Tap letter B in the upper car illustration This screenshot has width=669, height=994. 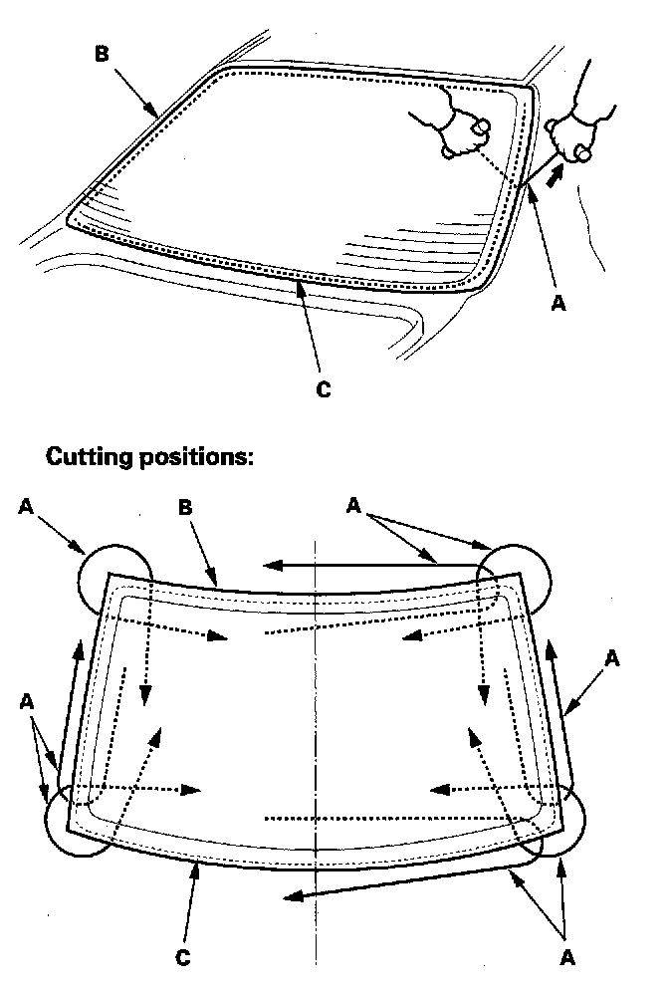click(x=103, y=54)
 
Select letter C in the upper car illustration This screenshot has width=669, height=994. click(x=323, y=390)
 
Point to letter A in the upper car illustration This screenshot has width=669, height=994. click(x=558, y=302)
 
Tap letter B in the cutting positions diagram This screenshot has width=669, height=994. click(x=184, y=505)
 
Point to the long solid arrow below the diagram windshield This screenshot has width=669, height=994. click(x=398, y=883)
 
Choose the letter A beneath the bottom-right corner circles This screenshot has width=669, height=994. click(x=567, y=957)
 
